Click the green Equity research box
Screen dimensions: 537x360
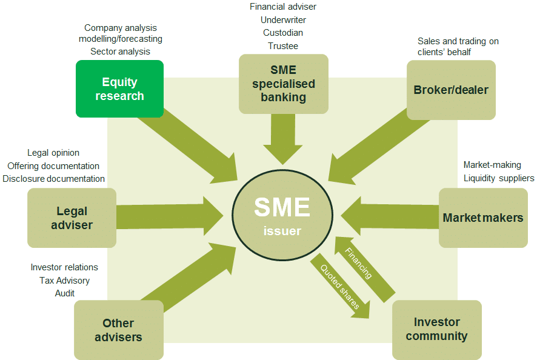tap(119, 88)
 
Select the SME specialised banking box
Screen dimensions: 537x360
tap(284, 84)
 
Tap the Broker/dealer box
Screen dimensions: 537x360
tap(451, 90)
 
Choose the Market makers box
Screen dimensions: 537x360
tap(483, 218)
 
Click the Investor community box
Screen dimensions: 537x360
tap(436, 330)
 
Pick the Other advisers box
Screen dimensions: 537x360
tap(119, 330)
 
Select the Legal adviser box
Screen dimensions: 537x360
tap(72, 218)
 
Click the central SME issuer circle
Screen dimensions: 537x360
tap(282, 215)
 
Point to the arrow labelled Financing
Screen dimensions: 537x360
tap(364, 269)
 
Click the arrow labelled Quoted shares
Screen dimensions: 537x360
tap(340, 286)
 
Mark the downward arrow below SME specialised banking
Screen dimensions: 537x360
tap(283, 139)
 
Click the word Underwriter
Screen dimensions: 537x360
tap(283, 20)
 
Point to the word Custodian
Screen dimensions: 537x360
tap(283, 33)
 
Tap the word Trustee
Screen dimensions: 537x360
tap(283, 46)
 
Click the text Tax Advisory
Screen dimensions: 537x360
tap(64, 281)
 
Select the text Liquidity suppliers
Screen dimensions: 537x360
tap(499, 178)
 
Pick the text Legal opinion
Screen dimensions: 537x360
tap(53, 153)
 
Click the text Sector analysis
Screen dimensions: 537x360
tap(120, 52)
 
